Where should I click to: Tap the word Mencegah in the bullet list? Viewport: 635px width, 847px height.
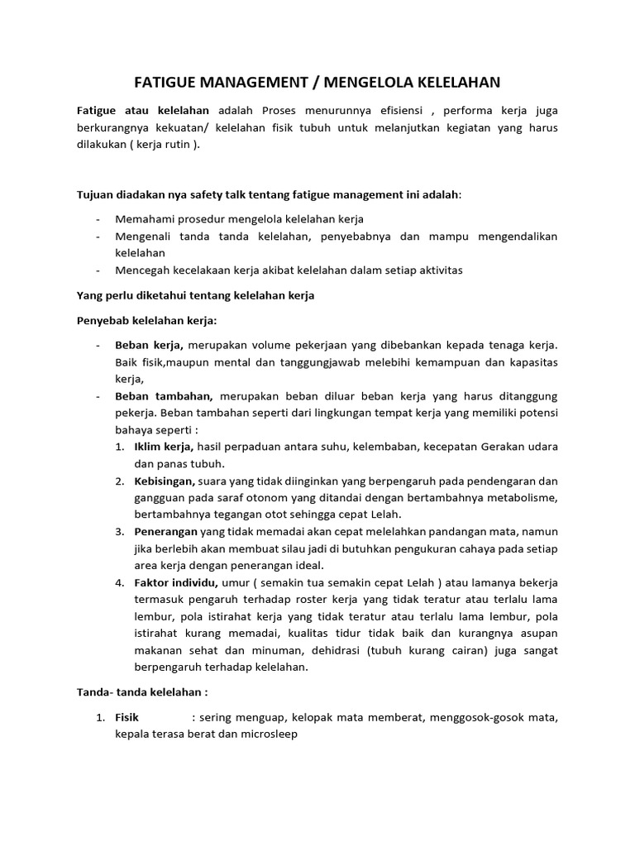point(142,270)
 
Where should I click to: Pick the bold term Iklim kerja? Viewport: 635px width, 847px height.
point(163,447)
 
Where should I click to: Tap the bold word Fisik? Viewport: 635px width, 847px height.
point(128,718)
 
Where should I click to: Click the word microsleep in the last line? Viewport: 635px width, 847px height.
point(268,735)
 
